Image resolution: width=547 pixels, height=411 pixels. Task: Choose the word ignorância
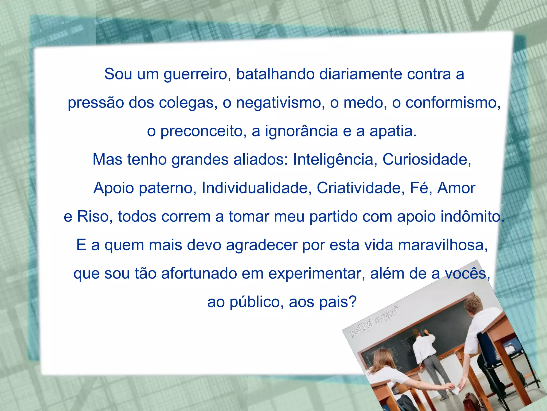[x=302, y=131]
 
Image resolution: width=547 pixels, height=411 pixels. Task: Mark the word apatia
[x=393, y=131]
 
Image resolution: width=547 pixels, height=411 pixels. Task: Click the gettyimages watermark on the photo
[x=374, y=321]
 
